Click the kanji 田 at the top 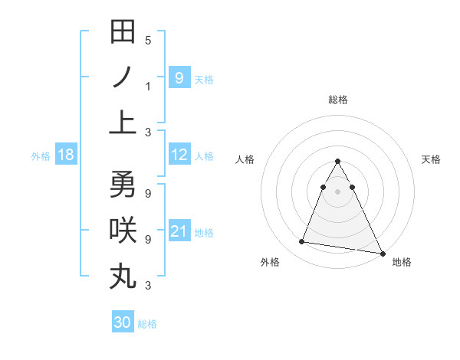(x=123, y=32)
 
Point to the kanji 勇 (x=123, y=184)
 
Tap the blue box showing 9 (x=179, y=77)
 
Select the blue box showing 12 (x=179, y=155)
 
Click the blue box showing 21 (x=179, y=231)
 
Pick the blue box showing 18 (x=66, y=155)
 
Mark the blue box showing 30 (x=122, y=322)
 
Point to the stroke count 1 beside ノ (x=148, y=86)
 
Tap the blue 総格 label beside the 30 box (x=147, y=324)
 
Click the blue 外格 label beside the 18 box (x=41, y=156)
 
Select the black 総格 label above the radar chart (x=338, y=100)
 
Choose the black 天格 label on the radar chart (x=432, y=159)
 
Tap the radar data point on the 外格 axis (x=301, y=242)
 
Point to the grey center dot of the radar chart (x=338, y=191)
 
